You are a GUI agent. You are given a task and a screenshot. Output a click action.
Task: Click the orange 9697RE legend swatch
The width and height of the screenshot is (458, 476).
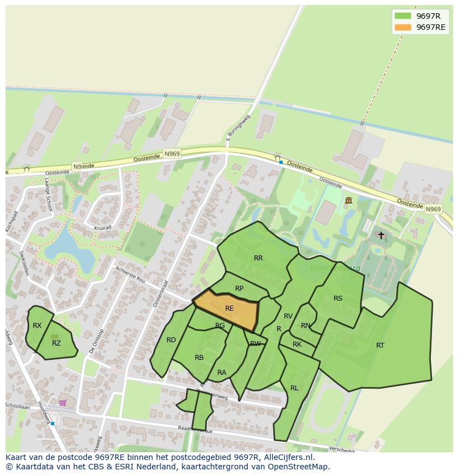[403, 27]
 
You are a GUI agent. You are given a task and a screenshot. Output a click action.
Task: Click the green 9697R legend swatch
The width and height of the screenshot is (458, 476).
[403, 16]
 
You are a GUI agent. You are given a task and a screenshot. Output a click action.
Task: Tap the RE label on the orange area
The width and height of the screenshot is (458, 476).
[230, 308]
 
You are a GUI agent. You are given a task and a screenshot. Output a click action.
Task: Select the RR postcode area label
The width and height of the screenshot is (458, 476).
[258, 258]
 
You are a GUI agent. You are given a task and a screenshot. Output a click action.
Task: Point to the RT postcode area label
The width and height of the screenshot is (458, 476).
[380, 346]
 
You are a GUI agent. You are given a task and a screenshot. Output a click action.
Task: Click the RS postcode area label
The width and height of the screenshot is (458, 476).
[338, 299]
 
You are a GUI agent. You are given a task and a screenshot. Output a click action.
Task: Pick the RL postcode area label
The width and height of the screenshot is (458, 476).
[294, 388]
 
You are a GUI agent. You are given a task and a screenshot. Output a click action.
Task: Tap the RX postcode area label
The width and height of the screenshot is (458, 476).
[37, 326]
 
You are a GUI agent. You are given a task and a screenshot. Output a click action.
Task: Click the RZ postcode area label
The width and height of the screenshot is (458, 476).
[56, 343]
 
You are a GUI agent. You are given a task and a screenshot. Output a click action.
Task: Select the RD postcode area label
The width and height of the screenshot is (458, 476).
[171, 340]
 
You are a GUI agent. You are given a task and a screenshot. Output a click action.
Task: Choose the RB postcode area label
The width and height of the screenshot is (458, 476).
[199, 358]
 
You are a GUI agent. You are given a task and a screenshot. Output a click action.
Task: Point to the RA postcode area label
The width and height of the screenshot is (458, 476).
[222, 373]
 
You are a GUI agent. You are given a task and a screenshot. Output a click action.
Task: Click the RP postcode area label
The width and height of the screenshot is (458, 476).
[239, 289]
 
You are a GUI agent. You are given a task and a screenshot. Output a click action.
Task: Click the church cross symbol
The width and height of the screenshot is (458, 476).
[381, 235]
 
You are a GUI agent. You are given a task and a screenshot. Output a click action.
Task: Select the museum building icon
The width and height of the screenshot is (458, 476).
[348, 200]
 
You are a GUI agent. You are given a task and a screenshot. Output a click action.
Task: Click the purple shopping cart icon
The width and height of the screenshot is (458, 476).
[63, 402]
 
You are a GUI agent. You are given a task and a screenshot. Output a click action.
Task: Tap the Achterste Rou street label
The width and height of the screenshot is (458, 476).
[131, 274]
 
